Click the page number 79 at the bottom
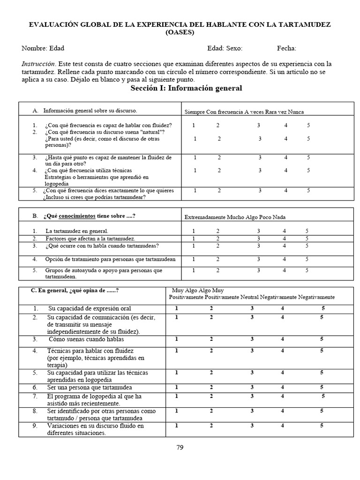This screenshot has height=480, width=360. [x=180, y=447]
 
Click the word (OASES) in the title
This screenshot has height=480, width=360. [x=180, y=32]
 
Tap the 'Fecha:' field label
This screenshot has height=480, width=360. [x=286, y=48]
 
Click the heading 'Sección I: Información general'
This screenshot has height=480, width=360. [x=186, y=88]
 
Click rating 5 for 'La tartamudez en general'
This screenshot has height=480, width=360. [x=307, y=231]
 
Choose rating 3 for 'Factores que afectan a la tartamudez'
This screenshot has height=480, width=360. [x=258, y=239]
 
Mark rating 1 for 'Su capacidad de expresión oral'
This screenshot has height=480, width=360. [x=176, y=308]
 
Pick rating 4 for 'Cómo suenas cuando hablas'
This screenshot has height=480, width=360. [x=282, y=339]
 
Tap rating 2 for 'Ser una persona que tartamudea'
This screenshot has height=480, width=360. [x=211, y=387]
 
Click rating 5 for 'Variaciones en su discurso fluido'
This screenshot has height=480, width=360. [x=322, y=426]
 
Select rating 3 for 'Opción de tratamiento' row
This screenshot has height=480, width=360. [x=258, y=259]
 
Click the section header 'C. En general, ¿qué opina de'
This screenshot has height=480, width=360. [x=75, y=291]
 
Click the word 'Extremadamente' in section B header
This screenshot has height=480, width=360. [x=205, y=217]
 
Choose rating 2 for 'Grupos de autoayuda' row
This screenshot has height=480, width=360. [x=217, y=270]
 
